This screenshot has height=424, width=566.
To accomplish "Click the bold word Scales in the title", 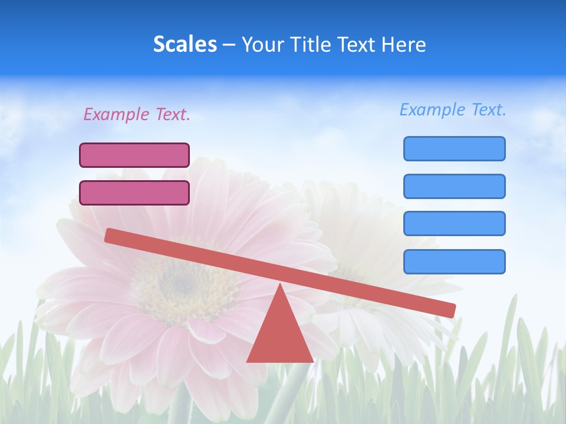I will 185,44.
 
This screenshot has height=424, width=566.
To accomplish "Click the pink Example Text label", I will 137,114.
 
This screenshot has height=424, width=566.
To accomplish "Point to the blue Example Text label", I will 453,110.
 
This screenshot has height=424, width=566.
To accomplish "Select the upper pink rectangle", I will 134,155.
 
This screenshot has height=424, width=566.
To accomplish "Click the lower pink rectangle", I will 134,193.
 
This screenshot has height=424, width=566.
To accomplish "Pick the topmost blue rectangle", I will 454,148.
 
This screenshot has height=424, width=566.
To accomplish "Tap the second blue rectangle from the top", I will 454,186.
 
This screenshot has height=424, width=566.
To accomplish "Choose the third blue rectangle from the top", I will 454,224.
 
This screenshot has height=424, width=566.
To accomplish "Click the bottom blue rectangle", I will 454,261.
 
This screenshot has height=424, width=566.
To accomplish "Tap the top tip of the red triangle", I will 279,287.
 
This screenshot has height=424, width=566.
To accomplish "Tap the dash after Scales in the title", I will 229,44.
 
